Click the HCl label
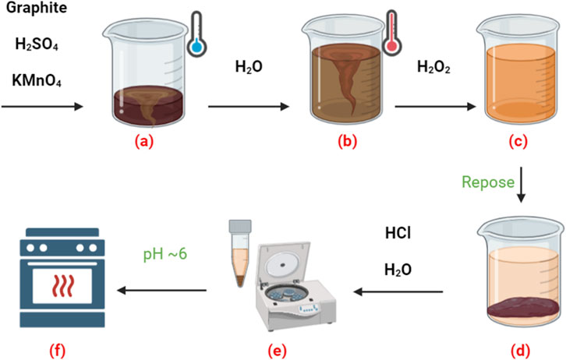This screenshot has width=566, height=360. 400,233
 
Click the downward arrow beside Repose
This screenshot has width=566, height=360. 520,182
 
